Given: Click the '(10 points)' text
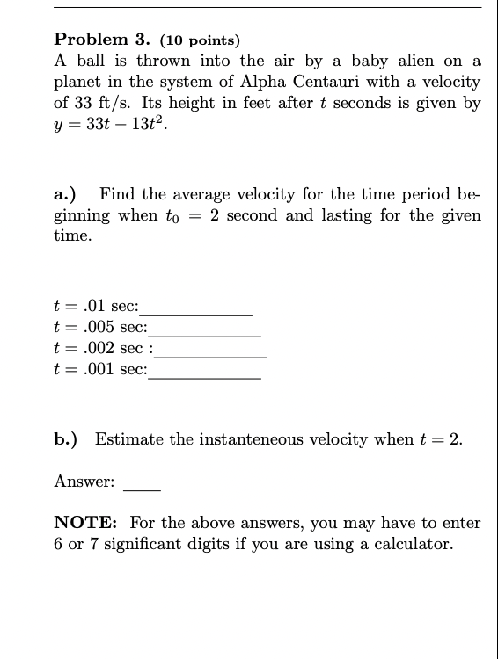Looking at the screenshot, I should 200,40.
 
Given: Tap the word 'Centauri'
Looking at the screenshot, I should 363,82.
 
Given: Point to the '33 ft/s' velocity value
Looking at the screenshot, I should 96,103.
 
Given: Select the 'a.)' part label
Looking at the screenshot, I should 67,194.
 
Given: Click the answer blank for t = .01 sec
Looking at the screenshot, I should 196,314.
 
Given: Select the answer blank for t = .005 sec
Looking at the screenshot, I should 204,335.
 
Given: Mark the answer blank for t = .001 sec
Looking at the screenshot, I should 204,377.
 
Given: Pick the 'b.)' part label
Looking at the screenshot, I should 67,439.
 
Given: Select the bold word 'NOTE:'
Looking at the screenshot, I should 87,523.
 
